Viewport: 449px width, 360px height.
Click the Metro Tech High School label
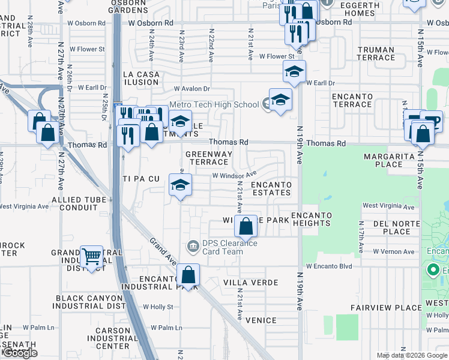(x=214, y=104)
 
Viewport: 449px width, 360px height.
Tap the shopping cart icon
(x=91, y=257)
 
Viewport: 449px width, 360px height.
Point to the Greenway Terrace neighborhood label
(x=208, y=158)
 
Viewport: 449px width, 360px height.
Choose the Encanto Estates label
(x=271, y=189)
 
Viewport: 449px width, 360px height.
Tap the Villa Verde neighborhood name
(x=251, y=282)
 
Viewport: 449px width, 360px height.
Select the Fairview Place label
(x=387, y=308)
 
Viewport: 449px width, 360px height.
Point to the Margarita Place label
(x=391, y=160)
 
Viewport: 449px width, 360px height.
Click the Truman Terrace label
(x=375, y=54)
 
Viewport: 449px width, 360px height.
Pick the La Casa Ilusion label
(x=141, y=78)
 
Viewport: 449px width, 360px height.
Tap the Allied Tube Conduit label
(x=74, y=203)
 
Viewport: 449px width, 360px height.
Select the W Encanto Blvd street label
(x=328, y=266)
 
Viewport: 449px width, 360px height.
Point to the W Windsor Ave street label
(x=234, y=175)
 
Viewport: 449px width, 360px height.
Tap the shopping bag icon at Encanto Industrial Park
(x=188, y=275)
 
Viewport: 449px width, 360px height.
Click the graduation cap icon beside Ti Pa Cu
(x=179, y=185)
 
